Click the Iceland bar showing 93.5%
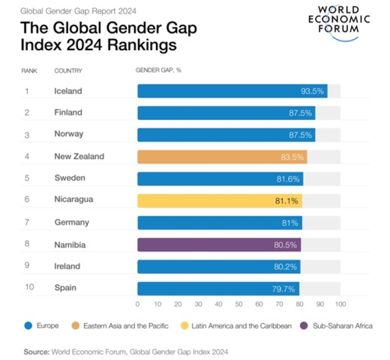(232, 91)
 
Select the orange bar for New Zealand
(222, 157)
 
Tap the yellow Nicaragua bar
(219, 200)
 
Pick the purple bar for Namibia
(219, 244)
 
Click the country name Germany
(72, 222)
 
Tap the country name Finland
(68, 113)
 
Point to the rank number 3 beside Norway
(27, 134)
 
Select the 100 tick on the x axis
(340, 304)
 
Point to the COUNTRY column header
(68, 71)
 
